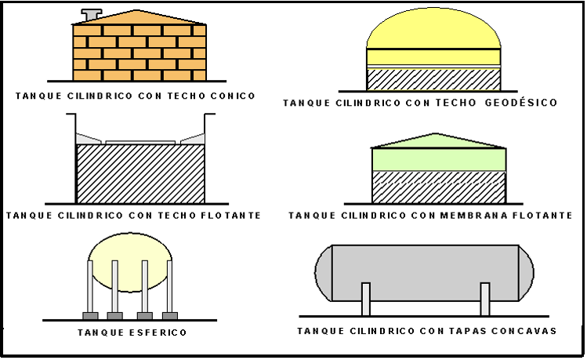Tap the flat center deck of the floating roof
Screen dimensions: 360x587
(140, 142)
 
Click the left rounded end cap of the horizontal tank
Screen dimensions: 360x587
(323, 272)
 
